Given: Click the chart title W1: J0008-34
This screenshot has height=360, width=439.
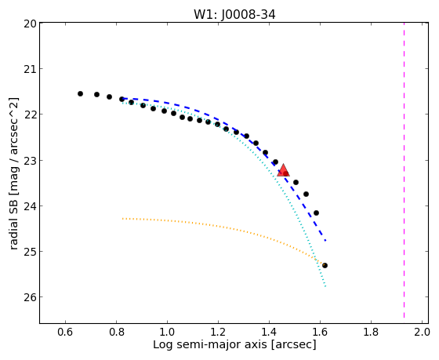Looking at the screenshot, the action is coord(234,14).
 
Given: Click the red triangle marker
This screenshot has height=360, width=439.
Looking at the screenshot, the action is coord(283,171).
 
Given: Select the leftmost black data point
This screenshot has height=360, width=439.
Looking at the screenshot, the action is coord(80,93).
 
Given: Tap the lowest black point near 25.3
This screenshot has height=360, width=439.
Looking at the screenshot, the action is coord(325,265).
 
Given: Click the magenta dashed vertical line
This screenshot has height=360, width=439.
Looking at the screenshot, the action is coord(404,169).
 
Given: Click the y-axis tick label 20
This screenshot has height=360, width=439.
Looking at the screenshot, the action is coord(30,24).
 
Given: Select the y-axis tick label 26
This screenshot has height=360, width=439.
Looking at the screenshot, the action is coord(30,297).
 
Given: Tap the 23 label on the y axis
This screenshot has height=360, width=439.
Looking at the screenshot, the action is coord(30,160).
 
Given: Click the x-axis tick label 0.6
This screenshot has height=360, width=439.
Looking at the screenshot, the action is coord(65,332).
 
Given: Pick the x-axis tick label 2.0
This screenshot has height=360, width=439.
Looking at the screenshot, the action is coord(422,332).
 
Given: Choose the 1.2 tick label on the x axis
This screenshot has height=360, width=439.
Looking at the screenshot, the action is coord(218,332).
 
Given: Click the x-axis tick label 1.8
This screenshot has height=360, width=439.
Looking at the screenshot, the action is coord(371,332).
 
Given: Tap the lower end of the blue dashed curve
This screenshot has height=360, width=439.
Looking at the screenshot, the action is coord(325,241).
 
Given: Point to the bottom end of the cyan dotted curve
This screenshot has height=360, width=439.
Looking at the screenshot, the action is coord(325,286).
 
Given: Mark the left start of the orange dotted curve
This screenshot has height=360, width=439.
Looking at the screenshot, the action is coord(122,218).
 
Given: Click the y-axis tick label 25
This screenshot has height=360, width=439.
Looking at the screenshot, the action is coord(30,251).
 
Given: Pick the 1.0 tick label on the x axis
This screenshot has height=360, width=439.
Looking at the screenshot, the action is coord(167,332).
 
